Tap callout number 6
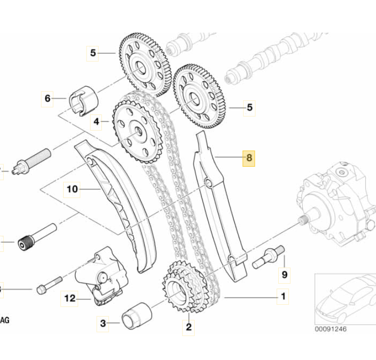click(47, 99)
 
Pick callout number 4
click(97, 121)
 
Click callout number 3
click(103, 323)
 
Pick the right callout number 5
click(250, 107)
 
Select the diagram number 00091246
click(330, 329)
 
